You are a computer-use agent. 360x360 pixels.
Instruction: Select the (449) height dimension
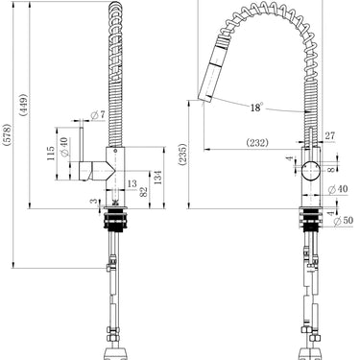click(23, 105)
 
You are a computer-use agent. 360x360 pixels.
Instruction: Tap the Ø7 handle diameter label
click(98, 114)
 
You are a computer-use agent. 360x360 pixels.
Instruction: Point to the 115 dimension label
click(51, 154)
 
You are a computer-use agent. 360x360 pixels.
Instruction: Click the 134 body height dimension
click(157, 178)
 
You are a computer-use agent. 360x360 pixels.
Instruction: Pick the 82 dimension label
click(144, 191)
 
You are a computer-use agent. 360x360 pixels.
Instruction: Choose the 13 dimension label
click(132, 183)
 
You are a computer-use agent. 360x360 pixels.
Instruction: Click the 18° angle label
click(256, 108)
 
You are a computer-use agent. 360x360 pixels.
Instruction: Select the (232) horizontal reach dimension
click(257, 143)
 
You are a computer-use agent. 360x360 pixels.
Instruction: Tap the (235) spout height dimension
click(182, 155)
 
